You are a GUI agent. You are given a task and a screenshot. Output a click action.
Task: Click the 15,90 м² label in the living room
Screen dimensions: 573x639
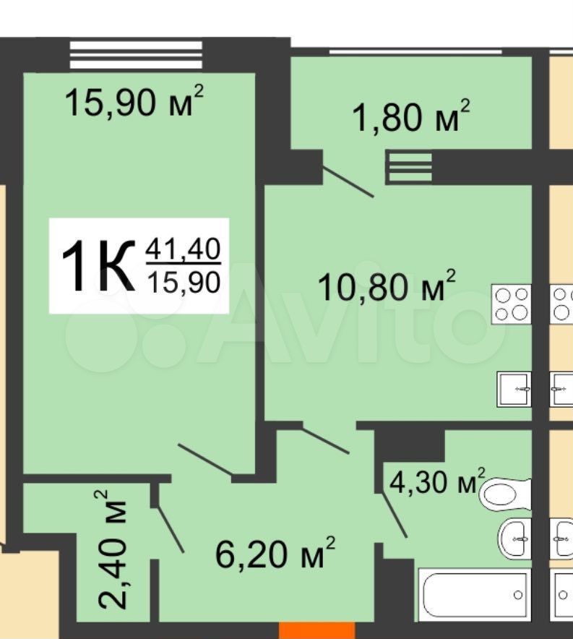(x=134, y=101)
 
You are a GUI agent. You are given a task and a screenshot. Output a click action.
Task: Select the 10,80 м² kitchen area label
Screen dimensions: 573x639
(x=386, y=286)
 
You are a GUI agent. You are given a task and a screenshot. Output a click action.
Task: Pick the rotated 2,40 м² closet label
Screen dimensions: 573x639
(x=111, y=550)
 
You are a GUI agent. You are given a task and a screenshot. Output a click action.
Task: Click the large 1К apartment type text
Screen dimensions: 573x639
(x=98, y=266)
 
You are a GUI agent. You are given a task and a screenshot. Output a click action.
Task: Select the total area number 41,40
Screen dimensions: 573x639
(x=184, y=249)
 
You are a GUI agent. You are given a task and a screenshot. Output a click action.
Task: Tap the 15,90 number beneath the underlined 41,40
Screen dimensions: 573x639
(x=184, y=282)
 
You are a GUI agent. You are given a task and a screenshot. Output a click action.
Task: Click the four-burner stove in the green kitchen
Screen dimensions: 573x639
(x=512, y=304)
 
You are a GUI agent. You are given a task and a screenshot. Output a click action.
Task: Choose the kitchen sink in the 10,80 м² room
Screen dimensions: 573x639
(x=514, y=389)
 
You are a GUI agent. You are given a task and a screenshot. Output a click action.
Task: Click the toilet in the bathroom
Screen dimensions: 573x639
(x=505, y=494)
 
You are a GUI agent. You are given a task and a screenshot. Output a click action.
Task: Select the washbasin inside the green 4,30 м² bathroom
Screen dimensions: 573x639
(x=514, y=539)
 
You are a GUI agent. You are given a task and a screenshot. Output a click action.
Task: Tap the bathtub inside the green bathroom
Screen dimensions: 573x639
(x=475, y=595)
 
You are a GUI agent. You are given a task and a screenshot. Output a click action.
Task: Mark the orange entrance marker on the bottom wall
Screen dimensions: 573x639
(x=317, y=630)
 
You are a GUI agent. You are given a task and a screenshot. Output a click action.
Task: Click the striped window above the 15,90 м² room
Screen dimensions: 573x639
(x=136, y=55)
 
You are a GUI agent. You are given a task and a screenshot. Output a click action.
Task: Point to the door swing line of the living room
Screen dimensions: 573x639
(x=204, y=460)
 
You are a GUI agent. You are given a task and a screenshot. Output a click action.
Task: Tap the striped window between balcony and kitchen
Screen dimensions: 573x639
(x=408, y=167)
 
